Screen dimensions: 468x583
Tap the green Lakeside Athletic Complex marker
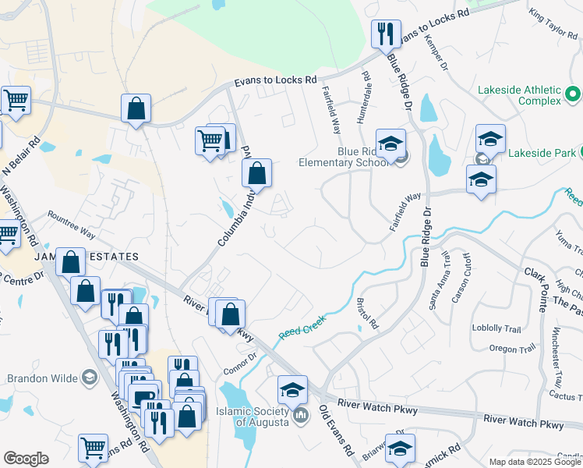[573, 94]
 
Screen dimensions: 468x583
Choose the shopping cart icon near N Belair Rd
[16, 100]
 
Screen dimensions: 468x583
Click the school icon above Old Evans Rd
[291, 388]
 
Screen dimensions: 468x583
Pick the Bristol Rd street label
[366, 312]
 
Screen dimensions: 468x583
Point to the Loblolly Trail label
[496, 328]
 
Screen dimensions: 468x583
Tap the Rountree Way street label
[71, 224]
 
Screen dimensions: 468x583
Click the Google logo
[26, 459]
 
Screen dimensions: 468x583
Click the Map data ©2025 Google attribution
[535, 462]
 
